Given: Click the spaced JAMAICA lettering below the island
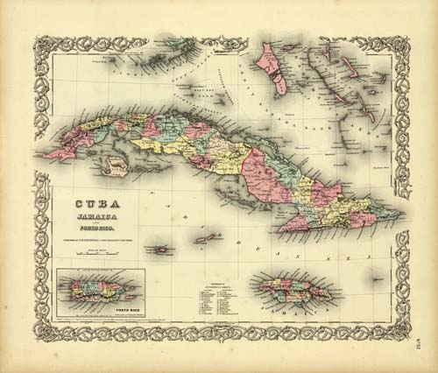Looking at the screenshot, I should [298, 306].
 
